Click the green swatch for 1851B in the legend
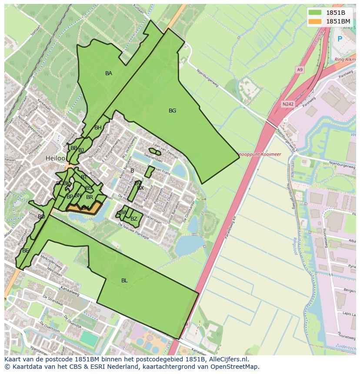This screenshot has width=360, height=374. tap(316, 13)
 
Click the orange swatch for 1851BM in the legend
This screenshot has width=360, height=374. tap(316, 21)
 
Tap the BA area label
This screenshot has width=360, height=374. tap(109, 73)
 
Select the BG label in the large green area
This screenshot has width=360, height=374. tap(173, 111)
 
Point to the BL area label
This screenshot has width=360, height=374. tap(124, 281)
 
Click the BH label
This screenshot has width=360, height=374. tap(98, 128)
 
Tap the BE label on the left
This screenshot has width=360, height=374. tap(26, 251)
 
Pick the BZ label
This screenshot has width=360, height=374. tap(134, 219)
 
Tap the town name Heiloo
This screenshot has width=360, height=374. tap(55, 159)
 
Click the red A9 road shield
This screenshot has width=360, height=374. tap(300, 69)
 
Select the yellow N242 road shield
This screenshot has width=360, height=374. tap(287, 104)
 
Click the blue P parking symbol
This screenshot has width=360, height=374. tap(340, 39)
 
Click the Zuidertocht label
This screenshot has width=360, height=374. tap(346, 346)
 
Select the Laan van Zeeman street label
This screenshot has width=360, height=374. tap(165, 150)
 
